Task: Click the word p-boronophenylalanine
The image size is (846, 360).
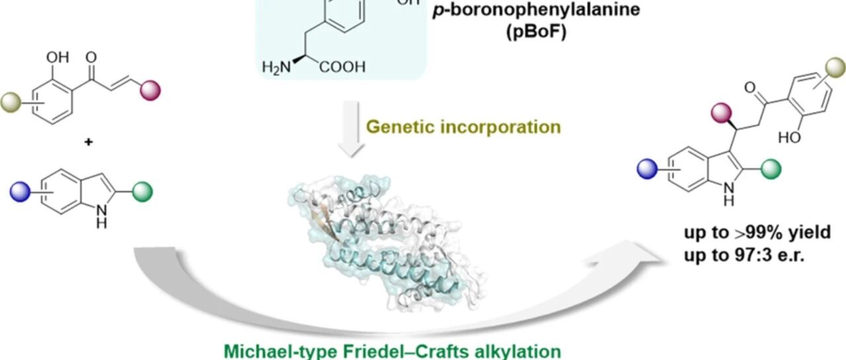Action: click(x=536, y=10)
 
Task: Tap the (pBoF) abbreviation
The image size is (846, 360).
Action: click(x=536, y=32)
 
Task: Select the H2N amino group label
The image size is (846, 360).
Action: click(x=276, y=67)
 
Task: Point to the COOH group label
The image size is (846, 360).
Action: click(x=342, y=67)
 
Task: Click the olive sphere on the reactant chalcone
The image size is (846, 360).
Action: click(x=11, y=102)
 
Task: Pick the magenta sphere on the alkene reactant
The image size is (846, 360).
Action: click(x=150, y=90)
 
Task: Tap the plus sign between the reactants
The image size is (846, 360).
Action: click(x=89, y=142)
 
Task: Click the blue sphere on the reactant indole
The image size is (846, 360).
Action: click(x=20, y=192)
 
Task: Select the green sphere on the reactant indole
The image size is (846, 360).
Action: click(x=142, y=192)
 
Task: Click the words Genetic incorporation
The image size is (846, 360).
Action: click(x=463, y=127)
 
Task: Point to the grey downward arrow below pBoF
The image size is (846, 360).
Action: click(x=351, y=128)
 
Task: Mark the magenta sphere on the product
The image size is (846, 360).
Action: click(x=721, y=113)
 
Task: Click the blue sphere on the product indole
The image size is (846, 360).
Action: click(x=647, y=168)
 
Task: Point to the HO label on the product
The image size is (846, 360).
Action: click(x=789, y=137)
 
